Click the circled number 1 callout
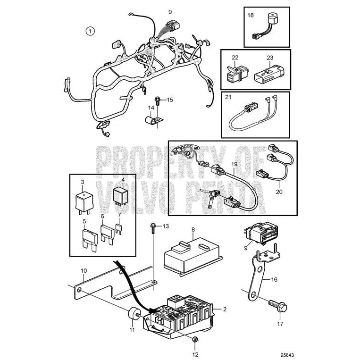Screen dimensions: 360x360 [90, 32]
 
